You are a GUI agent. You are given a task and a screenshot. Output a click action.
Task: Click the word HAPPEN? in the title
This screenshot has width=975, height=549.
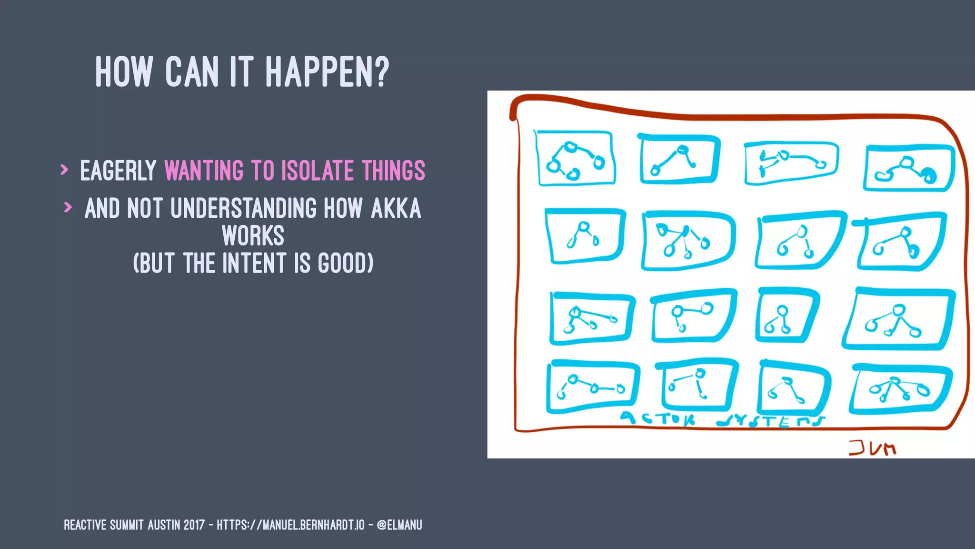327,72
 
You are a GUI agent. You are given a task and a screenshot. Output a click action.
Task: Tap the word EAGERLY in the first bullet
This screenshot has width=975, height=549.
118,171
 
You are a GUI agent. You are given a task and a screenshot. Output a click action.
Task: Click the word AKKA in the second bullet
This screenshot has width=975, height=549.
396,209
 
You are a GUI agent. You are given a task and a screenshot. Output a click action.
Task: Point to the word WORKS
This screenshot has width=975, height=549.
253,236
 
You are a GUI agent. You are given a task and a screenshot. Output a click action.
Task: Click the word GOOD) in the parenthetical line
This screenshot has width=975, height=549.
346,263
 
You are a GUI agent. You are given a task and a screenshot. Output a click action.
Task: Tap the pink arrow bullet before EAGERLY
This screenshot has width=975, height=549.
64,169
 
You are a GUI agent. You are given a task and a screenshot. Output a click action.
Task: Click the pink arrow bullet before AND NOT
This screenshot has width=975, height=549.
68,207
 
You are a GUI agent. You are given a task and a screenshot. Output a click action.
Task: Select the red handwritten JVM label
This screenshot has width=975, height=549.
872,448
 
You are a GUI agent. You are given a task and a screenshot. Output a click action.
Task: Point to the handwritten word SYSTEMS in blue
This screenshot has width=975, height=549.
771,421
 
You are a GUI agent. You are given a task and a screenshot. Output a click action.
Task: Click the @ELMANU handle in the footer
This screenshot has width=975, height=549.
399,525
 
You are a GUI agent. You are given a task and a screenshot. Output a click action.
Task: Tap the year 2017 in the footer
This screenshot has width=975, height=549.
194,525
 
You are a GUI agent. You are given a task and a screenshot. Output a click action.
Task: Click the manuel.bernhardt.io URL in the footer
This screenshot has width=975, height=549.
290,525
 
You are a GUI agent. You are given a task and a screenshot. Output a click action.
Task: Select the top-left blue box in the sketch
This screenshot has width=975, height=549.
575,158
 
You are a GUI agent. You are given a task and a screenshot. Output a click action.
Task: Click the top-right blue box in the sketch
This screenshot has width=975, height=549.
908,168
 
